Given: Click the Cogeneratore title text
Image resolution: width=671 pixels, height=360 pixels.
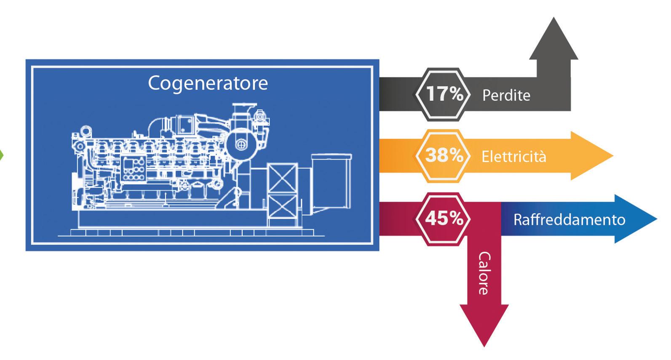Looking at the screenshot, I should coord(208,83).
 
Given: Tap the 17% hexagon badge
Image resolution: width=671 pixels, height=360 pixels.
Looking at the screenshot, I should coord(442,94).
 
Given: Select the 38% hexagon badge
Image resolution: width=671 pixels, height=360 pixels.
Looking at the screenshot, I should coord(442,156).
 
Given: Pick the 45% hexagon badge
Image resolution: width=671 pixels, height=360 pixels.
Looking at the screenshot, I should coord(442,219).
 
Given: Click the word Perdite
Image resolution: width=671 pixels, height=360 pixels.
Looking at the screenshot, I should coord(506,95).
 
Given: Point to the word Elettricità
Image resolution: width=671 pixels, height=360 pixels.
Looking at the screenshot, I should coord(513,157).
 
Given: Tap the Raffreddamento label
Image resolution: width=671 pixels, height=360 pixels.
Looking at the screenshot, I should coord(569,219).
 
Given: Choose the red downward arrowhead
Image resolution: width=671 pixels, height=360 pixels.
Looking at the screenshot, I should coord(484,324).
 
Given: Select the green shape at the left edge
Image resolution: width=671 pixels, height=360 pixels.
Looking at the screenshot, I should coord(1,155).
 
